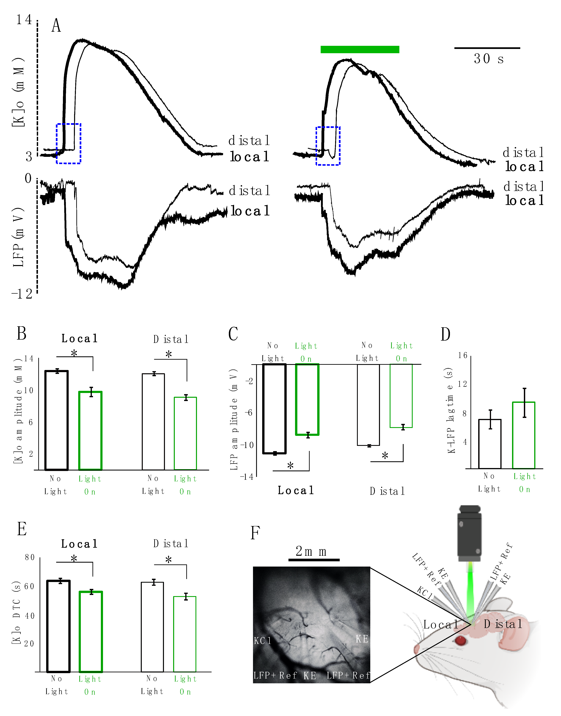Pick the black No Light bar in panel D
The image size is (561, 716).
(x=490, y=444)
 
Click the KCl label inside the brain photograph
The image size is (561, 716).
(x=263, y=640)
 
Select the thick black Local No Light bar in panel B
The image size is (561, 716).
(x=57, y=420)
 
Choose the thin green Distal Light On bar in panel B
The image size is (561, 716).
(x=185, y=433)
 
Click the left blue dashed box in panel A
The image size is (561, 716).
(x=69, y=144)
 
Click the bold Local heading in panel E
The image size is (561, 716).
(x=80, y=544)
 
